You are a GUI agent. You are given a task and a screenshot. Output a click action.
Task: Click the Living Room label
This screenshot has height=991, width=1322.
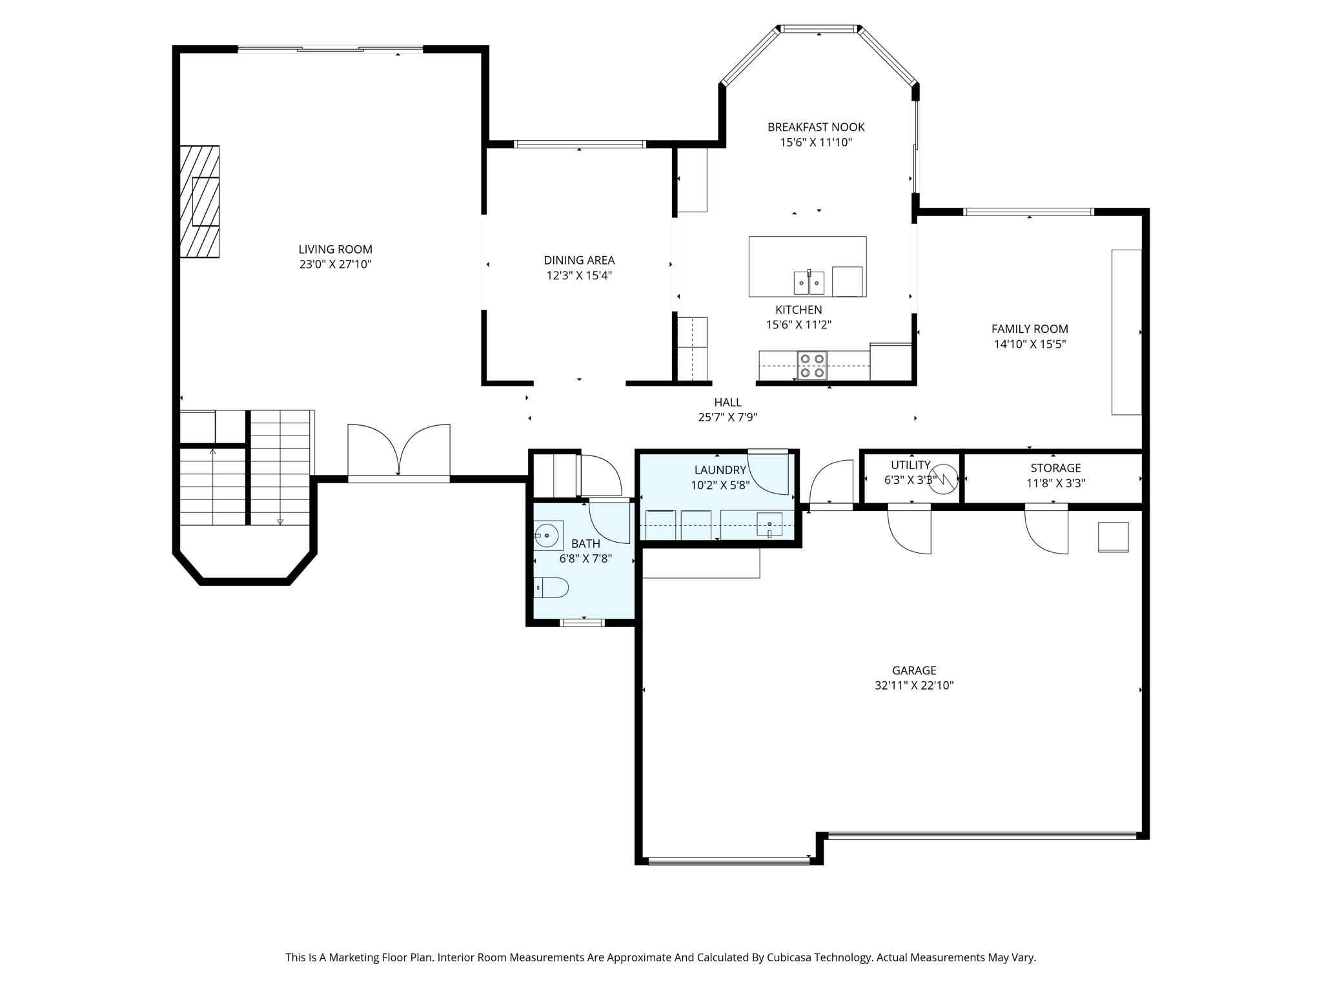(335, 249)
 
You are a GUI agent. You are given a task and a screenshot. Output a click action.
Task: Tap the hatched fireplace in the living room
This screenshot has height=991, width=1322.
(199, 202)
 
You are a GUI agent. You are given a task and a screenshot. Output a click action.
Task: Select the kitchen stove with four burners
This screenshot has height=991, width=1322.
(812, 366)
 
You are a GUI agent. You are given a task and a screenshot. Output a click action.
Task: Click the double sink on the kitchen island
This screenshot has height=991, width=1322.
(809, 283)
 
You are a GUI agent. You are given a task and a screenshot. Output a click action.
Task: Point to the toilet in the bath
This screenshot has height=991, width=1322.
(552, 588)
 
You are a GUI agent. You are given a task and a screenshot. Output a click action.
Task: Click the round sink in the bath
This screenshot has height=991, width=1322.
(547, 536)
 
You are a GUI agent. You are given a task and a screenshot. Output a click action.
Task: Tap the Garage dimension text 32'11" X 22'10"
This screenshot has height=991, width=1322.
(914, 686)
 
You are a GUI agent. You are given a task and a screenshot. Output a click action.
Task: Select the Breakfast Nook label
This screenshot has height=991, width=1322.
(816, 127)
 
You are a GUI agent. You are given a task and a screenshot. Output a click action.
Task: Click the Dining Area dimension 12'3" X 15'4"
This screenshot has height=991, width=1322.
(579, 276)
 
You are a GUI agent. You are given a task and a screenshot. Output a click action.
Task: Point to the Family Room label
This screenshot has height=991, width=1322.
(1030, 329)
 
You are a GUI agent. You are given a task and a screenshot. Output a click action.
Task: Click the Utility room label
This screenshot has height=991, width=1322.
(910, 465)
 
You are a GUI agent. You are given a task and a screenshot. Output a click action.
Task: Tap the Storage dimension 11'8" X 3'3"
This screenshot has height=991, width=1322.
(1055, 483)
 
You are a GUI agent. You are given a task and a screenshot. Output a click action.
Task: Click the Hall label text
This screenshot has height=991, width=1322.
(727, 403)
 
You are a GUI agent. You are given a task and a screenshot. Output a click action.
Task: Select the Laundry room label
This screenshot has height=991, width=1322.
(720, 470)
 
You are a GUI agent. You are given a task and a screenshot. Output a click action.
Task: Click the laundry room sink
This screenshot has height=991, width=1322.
(769, 525)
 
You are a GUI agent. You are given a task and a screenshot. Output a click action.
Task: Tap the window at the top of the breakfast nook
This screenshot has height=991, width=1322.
(819, 28)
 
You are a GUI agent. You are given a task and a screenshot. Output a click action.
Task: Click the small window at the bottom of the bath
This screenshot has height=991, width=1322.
(582, 623)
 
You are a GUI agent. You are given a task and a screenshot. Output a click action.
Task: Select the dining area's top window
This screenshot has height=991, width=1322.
(580, 144)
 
